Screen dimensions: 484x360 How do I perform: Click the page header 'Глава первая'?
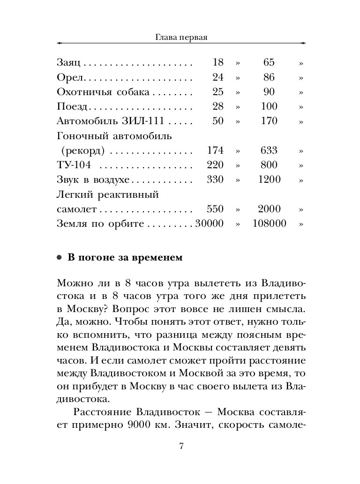click(181, 37)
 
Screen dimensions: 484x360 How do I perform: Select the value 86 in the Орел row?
click(269, 77)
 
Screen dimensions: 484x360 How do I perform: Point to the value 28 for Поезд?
click(218, 106)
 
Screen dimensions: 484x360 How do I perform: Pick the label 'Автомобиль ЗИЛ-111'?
click(110, 121)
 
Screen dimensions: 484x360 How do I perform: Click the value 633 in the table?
click(269, 150)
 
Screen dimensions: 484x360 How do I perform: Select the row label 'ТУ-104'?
click(73, 165)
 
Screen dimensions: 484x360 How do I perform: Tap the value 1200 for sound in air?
click(269, 179)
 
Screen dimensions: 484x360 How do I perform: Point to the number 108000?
click(269, 223)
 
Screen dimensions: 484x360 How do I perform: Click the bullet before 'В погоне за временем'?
click(59, 258)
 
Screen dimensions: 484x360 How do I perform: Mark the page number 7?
click(181, 446)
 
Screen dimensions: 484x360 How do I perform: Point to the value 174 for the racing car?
click(215, 150)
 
